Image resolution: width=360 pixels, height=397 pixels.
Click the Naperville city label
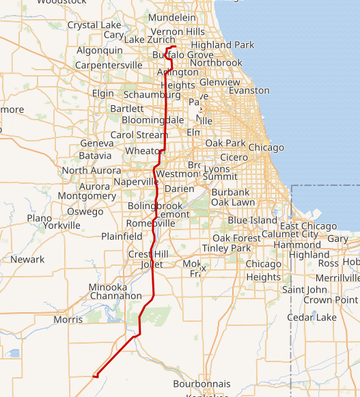135,182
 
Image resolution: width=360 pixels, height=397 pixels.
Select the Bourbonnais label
202,384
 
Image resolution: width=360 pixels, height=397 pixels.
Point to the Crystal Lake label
94,25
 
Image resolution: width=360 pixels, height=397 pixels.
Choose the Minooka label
108,288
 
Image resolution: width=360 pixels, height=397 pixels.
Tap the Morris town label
68,319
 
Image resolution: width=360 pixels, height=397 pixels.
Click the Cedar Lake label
311,317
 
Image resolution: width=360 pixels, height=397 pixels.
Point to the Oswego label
85,212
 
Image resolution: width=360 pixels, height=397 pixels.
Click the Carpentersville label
109,65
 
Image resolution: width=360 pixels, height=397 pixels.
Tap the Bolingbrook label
155,206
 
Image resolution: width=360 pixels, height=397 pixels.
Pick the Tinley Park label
227,248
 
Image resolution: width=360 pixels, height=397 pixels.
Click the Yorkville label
61,225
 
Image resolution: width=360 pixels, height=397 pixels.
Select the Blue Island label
252,220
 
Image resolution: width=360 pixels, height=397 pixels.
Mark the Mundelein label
171,17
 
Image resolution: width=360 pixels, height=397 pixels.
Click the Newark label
27,260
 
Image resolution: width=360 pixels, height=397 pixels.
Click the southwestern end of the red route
95,375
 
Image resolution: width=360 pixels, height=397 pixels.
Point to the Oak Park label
225,143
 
